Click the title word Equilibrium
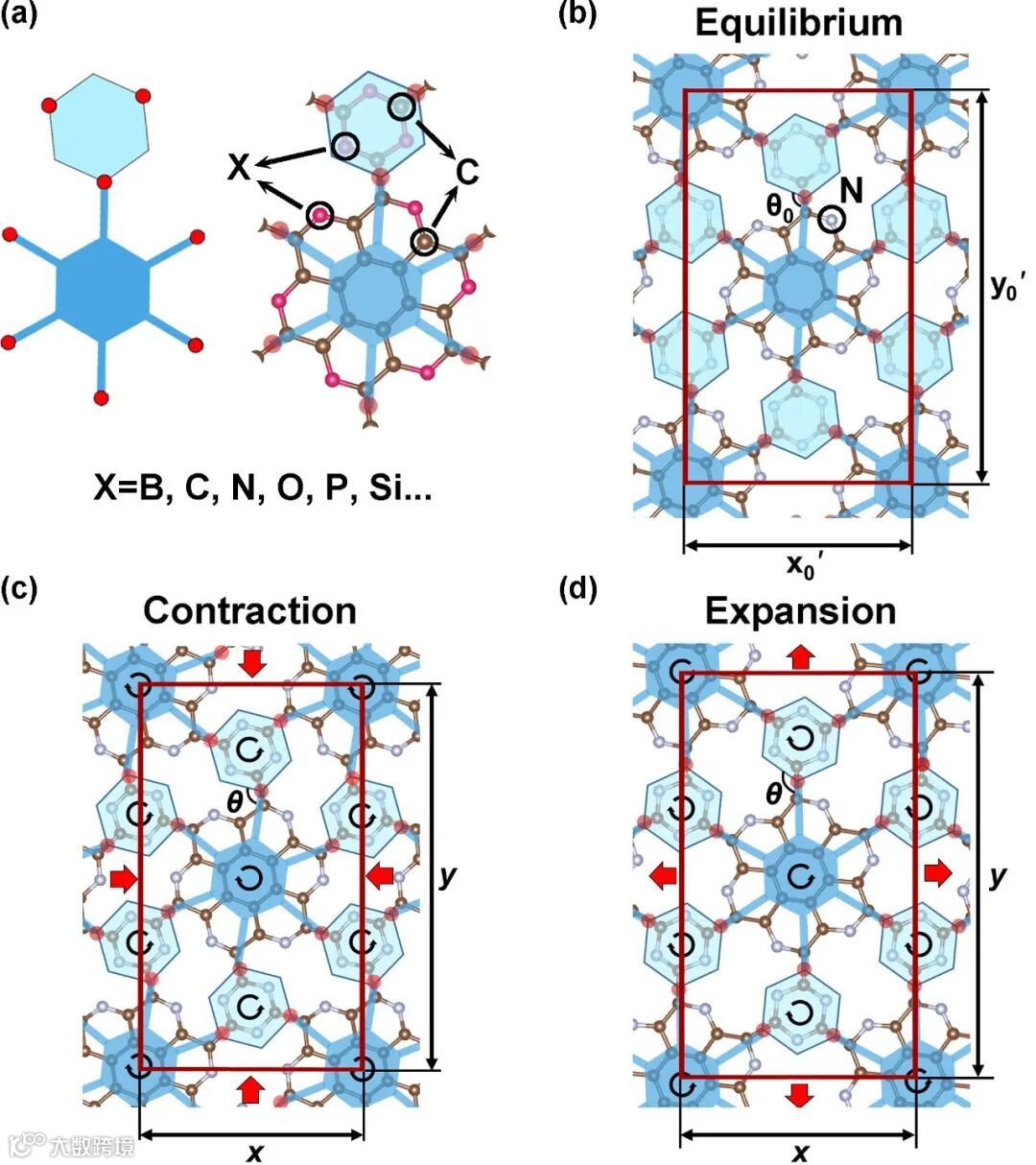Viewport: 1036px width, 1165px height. click(798, 22)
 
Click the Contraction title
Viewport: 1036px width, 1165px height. click(249, 610)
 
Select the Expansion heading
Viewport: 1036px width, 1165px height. click(800, 610)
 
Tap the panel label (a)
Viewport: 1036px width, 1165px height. click(23, 16)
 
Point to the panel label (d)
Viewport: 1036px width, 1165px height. click(577, 587)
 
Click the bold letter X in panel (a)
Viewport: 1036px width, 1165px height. click(239, 169)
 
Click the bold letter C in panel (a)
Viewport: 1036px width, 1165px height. click(466, 173)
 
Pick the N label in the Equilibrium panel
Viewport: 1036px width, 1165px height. click(853, 191)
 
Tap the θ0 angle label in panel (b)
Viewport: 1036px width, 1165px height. click(780, 208)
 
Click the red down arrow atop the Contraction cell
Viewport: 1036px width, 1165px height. click(251, 662)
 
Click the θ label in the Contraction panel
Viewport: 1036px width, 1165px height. click(233, 800)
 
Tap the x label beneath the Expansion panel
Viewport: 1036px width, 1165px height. click(799, 1152)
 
